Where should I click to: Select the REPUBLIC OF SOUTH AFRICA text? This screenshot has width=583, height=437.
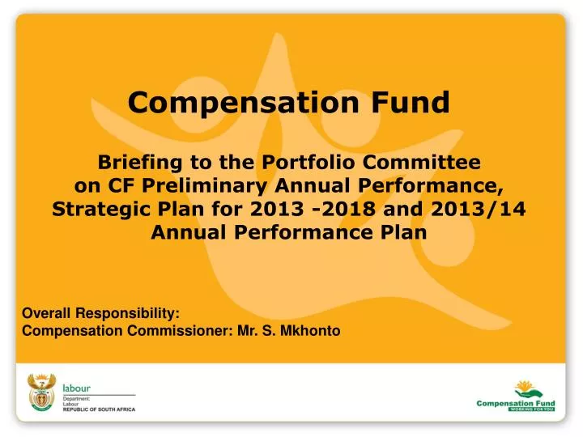click(100, 410)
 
